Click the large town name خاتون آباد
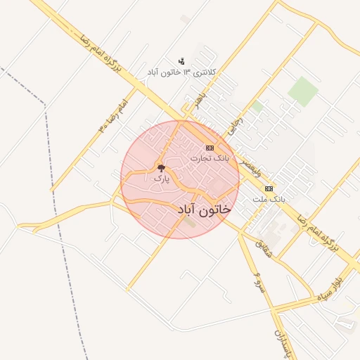tap(204, 210)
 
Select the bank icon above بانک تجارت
tap(210, 148)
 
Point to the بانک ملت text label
tap(269, 200)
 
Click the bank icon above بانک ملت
tap(269, 188)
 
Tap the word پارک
tap(162, 179)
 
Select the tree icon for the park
tap(162, 168)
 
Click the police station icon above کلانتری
tap(181, 61)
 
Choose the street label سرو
tap(259, 280)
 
